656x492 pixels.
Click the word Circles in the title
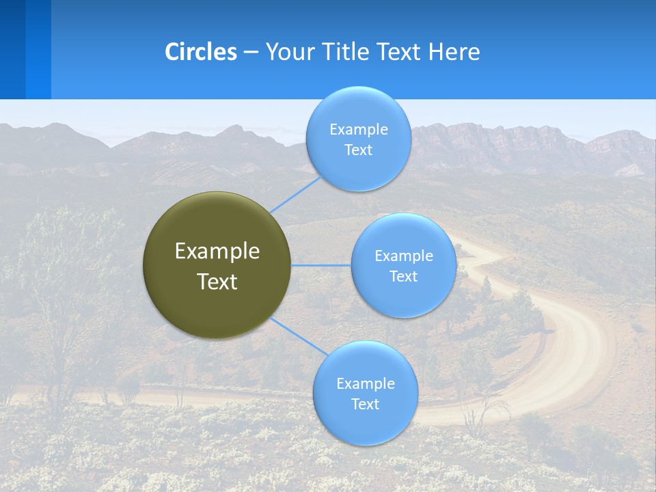tap(201, 52)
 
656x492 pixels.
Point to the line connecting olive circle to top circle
tap(295, 194)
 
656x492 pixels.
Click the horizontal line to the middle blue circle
tap(321, 265)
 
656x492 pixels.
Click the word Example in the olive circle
tap(217, 251)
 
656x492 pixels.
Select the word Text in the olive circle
tap(217, 282)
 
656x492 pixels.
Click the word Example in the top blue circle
tap(358, 130)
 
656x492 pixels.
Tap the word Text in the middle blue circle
tap(403, 277)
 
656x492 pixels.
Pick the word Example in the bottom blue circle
tap(365, 384)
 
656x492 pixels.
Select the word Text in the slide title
tap(400, 52)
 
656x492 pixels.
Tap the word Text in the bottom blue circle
tap(365, 405)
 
